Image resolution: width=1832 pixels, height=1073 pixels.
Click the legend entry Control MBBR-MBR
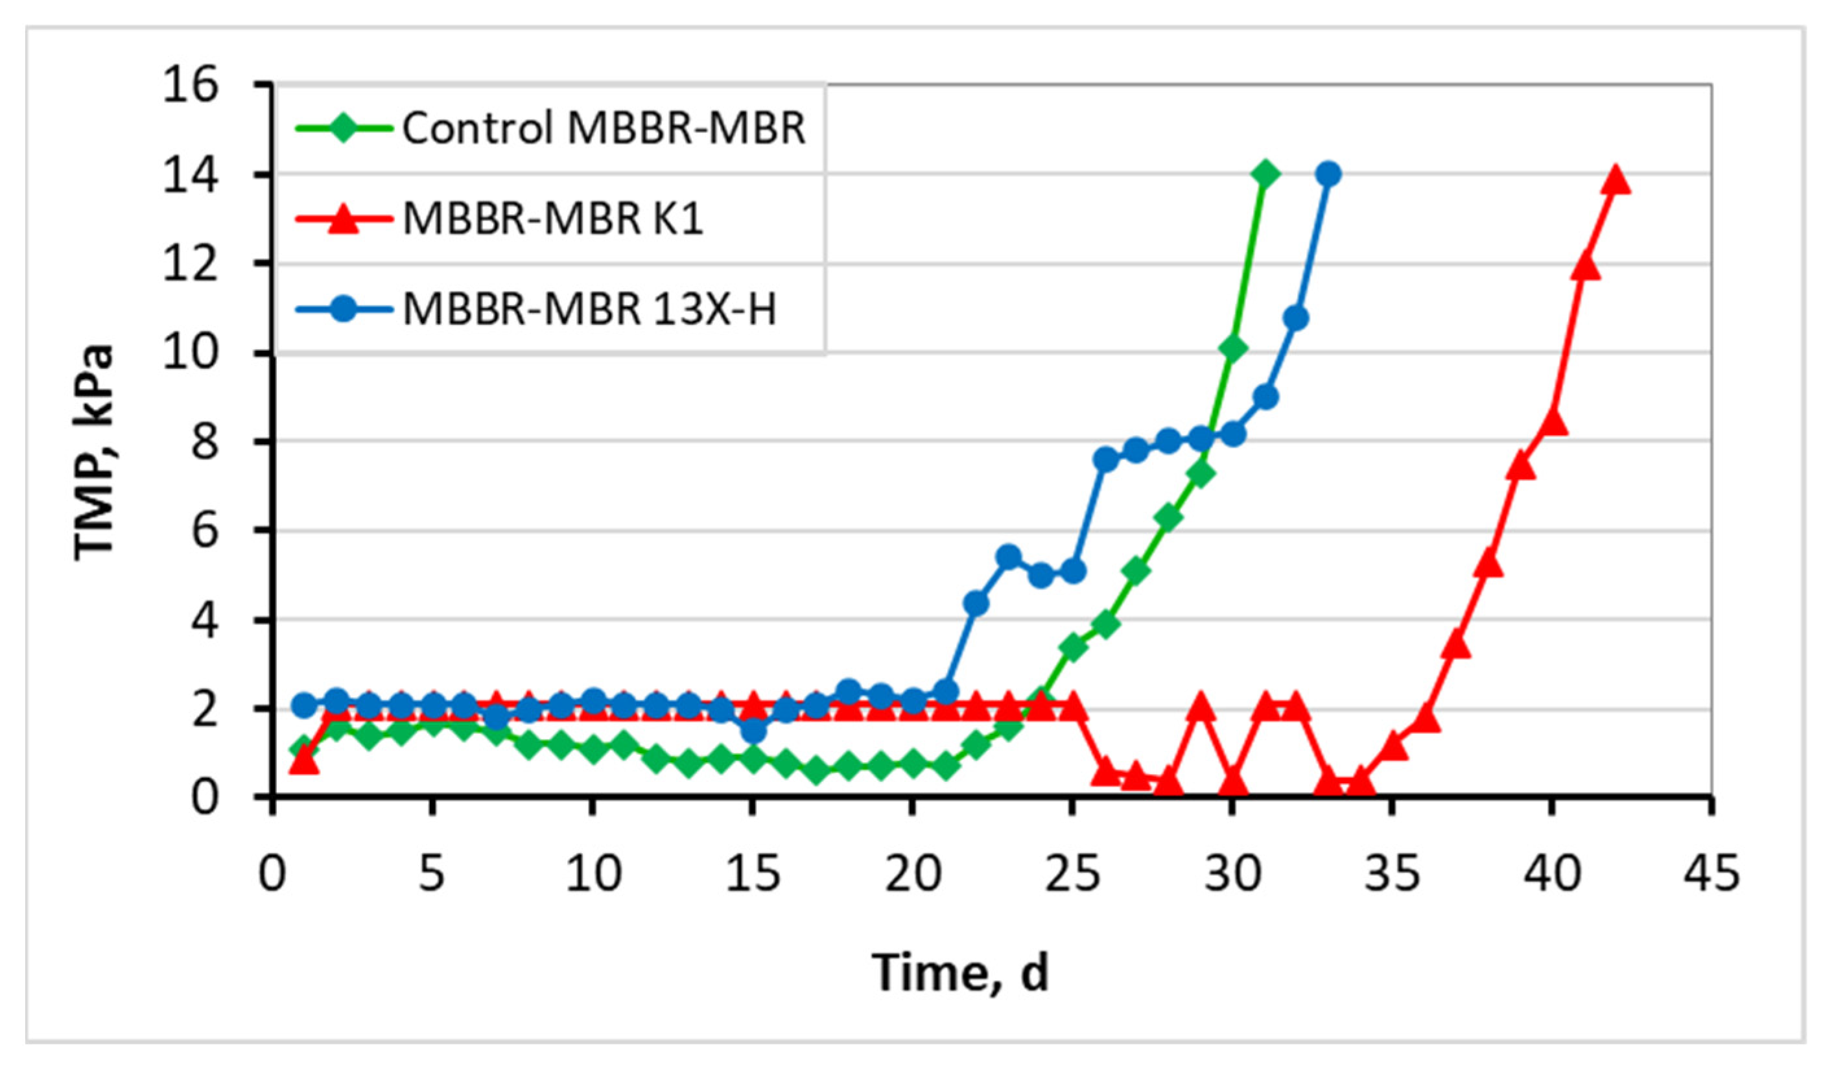[604, 128]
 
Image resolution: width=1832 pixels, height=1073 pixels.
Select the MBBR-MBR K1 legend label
[552, 218]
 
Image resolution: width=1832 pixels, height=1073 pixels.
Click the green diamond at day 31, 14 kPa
[1265, 174]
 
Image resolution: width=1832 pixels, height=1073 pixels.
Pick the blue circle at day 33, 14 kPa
[1329, 174]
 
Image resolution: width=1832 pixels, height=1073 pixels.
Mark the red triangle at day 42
[1615, 179]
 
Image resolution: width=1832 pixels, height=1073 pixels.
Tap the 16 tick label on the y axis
[191, 86]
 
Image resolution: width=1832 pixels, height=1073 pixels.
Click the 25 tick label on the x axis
[1072, 873]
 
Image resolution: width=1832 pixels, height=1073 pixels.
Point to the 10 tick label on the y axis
[191, 353]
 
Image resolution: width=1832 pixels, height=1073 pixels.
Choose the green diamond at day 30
[1234, 349]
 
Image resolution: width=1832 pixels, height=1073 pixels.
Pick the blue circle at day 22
[976, 604]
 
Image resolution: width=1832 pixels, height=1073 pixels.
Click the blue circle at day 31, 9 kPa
[1265, 397]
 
